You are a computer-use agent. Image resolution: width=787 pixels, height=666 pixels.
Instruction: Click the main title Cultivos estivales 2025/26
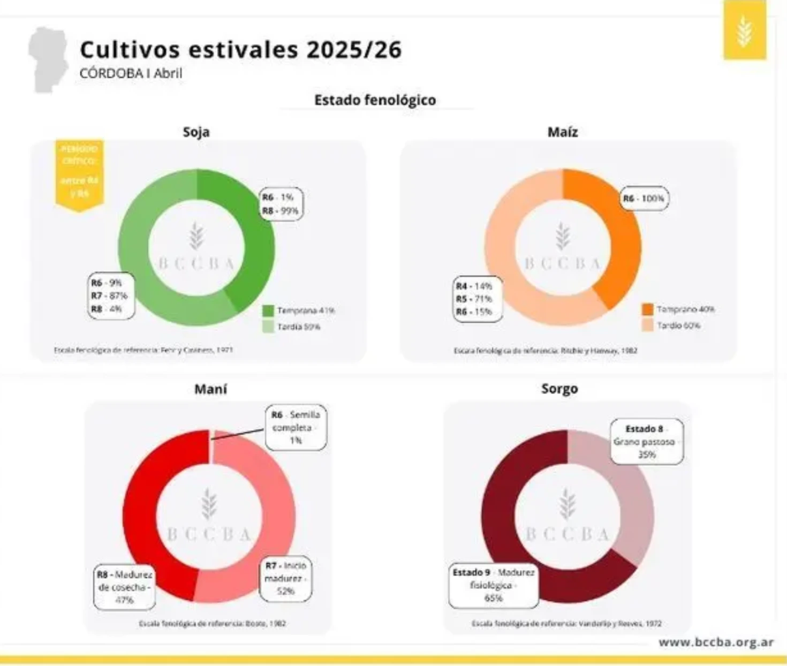tap(240, 50)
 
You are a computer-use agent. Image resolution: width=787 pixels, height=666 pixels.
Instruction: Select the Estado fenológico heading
tap(375, 100)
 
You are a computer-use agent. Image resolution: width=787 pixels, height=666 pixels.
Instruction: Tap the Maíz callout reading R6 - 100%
tap(644, 199)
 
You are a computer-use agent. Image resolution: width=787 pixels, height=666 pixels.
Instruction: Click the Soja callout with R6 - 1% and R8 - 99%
tap(281, 204)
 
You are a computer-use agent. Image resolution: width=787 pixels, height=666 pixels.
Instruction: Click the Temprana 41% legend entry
tap(299, 311)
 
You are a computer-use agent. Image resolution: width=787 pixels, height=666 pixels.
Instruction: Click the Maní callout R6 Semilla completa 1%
tap(296, 427)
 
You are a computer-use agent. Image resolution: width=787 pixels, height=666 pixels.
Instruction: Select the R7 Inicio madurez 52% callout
tap(285, 578)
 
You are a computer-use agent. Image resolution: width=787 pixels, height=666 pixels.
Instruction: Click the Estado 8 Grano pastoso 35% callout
tap(646, 442)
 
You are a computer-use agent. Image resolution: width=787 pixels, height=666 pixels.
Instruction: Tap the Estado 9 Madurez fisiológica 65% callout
tap(493, 585)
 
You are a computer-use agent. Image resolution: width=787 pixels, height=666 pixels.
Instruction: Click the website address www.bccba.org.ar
tap(715, 642)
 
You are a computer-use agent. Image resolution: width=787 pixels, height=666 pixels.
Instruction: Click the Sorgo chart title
tap(559, 389)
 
